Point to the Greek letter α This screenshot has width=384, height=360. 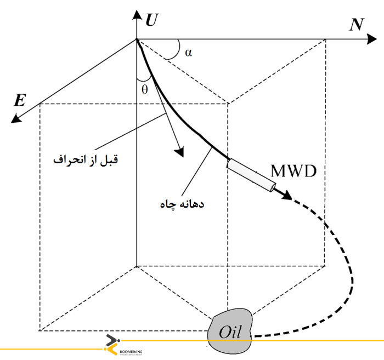point(189,53)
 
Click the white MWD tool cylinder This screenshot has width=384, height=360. point(251,176)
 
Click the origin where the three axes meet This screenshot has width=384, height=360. point(136,39)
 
